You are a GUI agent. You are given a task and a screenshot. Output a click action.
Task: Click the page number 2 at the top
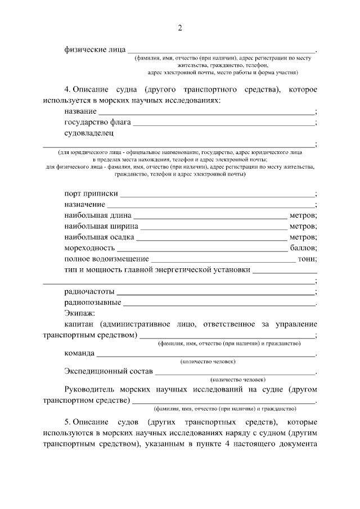click(x=180, y=28)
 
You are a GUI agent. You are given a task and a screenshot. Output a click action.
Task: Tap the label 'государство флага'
click(x=96, y=123)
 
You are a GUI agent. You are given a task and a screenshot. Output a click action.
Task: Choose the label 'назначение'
click(x=84, y=204)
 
